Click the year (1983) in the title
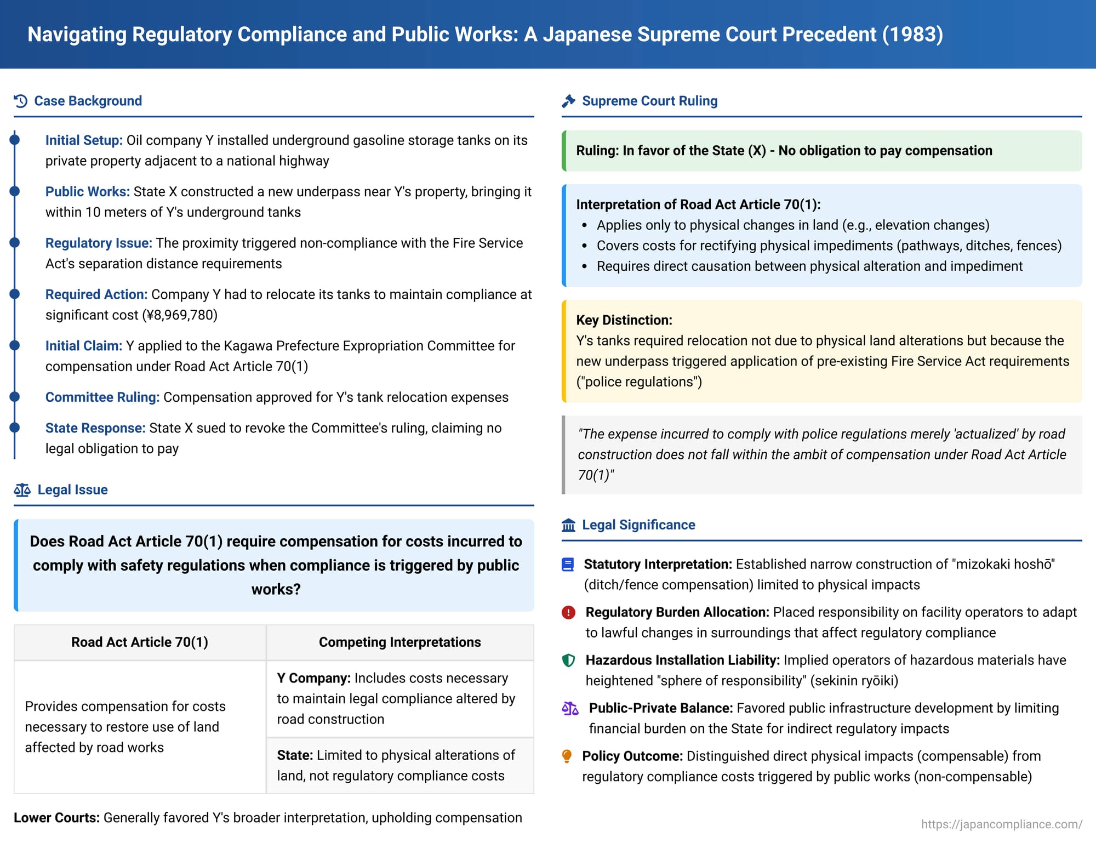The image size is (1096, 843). pyautogui.click(x=912, y=34)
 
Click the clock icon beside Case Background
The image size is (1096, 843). pyautogui.click(x=21, y=101)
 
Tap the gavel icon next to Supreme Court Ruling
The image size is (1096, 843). pyautogui.click(x=568, y=101)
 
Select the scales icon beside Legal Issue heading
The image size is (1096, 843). pyautogui.click(x=22, y=490)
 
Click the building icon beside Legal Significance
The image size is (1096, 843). pyautogui.click(x=568, y=525)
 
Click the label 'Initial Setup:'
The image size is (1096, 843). pyautogui.click(x=84, y=140)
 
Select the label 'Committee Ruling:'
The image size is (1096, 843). pyautogui.click(x=102, y=397)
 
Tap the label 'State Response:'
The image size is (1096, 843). pyautogui.click(x=95, y=428)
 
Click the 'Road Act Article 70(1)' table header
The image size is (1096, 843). pyautogui.click(x=140, y=642)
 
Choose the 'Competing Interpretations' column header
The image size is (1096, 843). pyautogui.click(x=399, y=642)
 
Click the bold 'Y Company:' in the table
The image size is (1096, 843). pyautogui.click(x=313, y=679)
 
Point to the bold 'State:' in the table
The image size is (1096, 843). pyautogui.click(x=295, y=755)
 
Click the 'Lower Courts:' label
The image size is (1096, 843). pyautogui.click(x=56, y=818)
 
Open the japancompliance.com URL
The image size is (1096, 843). pyautogui.click(x=1001, y=824)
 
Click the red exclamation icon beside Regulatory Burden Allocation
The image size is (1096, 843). pyautogui.click(x=568, y=612)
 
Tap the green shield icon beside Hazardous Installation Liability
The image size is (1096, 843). pyautogui.click(x=568, y=660)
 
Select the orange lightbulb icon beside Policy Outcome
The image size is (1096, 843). pyautogui.click(x=567, y=756)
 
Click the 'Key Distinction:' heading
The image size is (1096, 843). pyautogui.click(x=624, y=320)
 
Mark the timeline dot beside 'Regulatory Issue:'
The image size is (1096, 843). pyautogui.click(x=15, y=243)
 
